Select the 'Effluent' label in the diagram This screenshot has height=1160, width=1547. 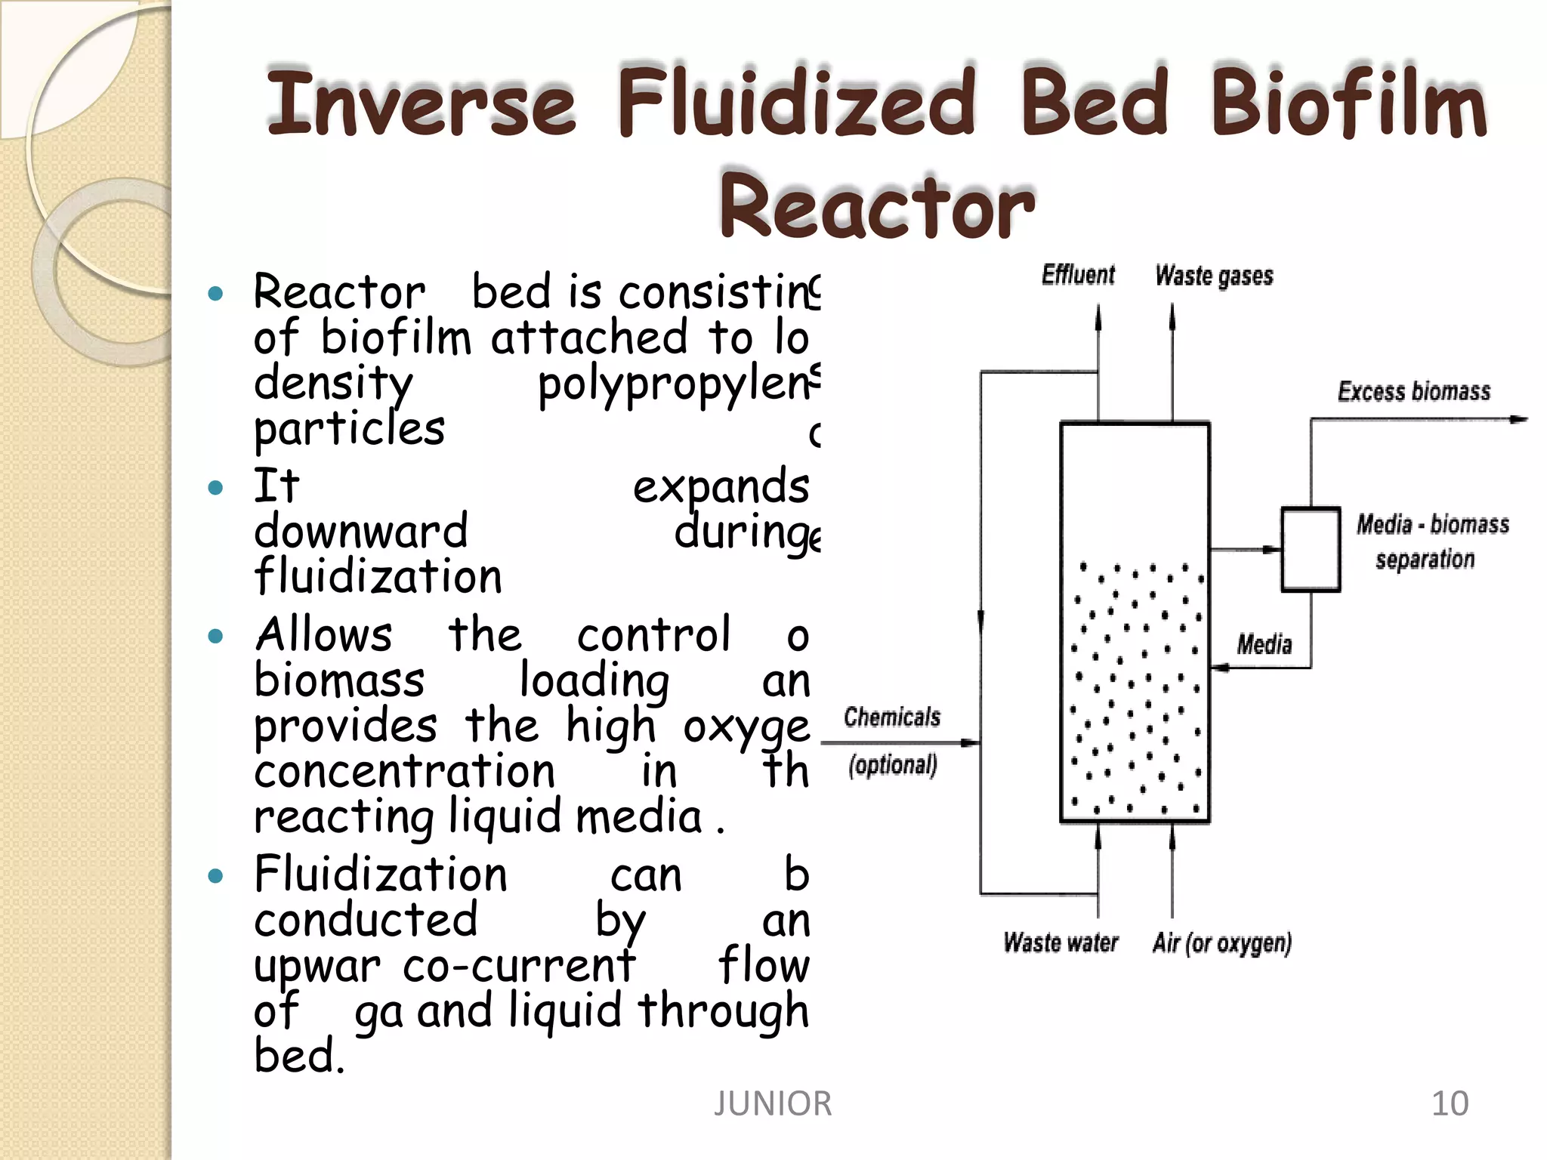1078,275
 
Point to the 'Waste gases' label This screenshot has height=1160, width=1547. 1214,276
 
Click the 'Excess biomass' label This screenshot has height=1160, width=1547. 1414,391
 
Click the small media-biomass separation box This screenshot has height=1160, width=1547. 1311,549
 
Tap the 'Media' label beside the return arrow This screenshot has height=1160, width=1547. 1264,644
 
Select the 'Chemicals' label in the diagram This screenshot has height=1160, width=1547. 892,717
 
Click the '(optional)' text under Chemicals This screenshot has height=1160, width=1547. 892,765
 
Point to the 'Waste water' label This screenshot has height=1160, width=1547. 1061,942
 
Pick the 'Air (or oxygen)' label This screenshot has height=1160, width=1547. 1221,942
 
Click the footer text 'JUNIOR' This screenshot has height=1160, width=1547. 773,1103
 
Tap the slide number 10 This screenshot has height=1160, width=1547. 1450,1103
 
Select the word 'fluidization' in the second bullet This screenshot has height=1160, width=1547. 378,576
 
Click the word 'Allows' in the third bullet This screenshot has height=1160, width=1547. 324,634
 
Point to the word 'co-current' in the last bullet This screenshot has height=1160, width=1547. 519,966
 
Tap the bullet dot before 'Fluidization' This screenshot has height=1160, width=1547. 216,876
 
